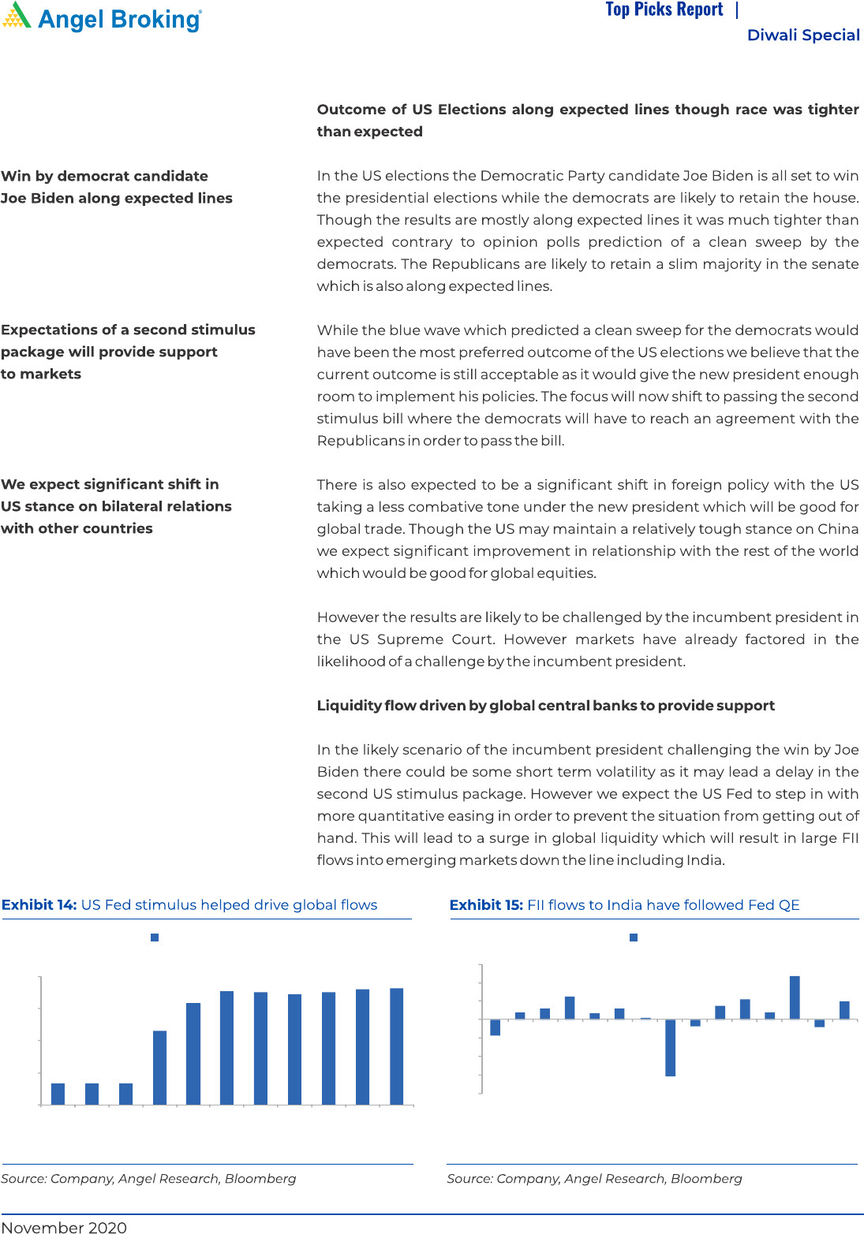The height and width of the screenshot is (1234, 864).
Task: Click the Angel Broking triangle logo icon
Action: click(17, 16)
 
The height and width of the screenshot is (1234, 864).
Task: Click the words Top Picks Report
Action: click(664, 9)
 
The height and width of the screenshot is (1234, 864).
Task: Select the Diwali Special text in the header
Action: click(802, 35)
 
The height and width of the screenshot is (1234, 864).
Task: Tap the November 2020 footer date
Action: click(64, 1227)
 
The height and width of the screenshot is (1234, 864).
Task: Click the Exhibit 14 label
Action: click(39, 904)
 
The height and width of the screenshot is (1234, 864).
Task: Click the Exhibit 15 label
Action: click(486, 904)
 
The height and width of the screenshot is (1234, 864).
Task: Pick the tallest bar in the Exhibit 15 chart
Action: click(795, 997)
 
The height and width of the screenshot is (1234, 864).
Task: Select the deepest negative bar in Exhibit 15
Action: click(671, 1047)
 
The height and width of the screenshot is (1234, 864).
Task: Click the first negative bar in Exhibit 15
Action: click(496, 1027)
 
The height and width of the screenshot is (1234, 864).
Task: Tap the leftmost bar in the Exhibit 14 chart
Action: click(58, 1094)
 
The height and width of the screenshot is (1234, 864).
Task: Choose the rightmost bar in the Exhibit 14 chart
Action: click(397, 1046)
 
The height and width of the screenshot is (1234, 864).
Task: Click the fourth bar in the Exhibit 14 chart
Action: click(159, 1068)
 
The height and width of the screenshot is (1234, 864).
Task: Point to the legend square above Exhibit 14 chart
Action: click(155, 938)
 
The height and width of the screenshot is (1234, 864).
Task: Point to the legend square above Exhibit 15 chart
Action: click(634, 938)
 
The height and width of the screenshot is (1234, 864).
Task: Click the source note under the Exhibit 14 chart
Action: click(148, 1178)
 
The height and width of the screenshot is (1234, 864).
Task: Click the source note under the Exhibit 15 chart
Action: click(594, 1178)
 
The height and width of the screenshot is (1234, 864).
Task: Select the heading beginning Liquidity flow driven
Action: click(545, 705)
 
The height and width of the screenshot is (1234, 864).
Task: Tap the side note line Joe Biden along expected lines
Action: click(117, 198)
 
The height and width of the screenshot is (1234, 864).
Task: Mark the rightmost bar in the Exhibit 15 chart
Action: click(844, 1010)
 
